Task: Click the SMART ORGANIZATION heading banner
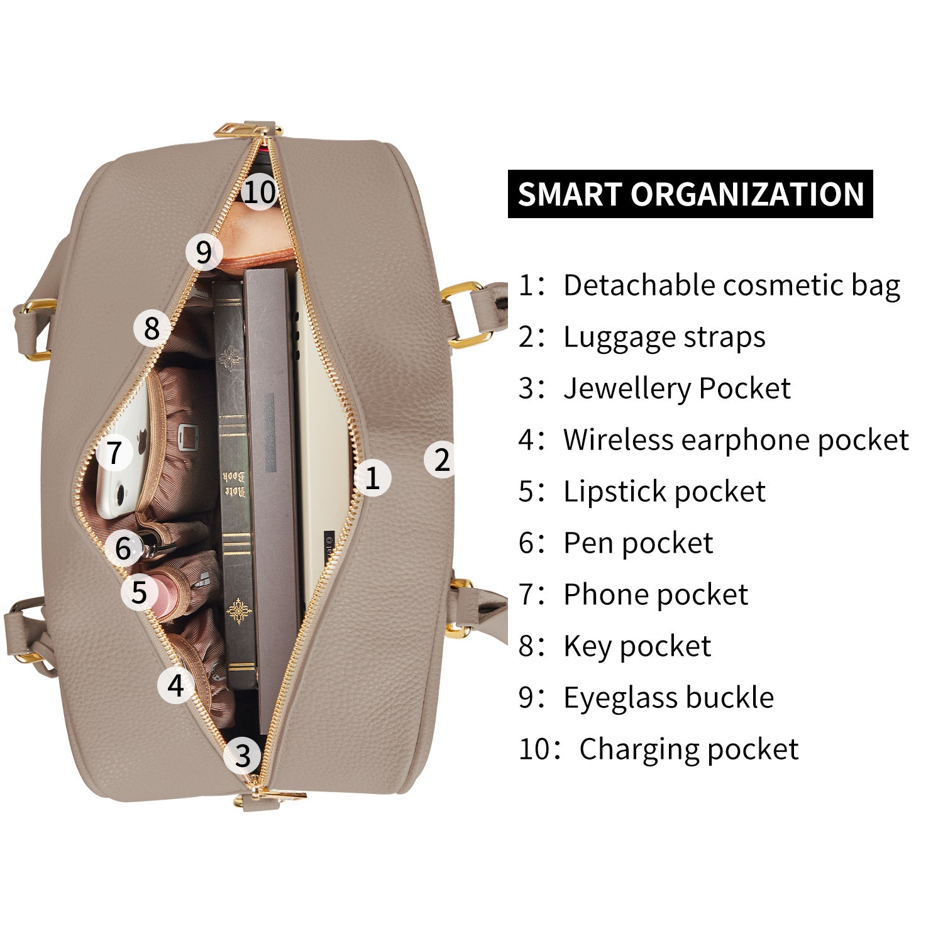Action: point(690,194)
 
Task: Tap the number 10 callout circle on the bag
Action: point(259,190)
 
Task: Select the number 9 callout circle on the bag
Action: point(204,252)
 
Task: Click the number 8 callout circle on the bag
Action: point(152,328)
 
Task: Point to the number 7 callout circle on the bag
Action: point(114,453)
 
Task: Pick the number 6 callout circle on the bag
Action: point(123,548)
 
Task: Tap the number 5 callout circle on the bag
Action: point(139,592)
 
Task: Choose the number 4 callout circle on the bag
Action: point(175,685)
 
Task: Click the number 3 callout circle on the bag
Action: point(243,755)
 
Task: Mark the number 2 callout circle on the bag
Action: point(442,460)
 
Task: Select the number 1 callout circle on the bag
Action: point(372,478)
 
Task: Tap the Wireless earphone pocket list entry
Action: point(714,440)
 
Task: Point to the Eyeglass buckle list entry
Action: point(646,698)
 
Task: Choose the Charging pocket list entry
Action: point(658,749)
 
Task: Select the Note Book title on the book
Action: point(233,484)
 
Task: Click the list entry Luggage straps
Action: point(642,337)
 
